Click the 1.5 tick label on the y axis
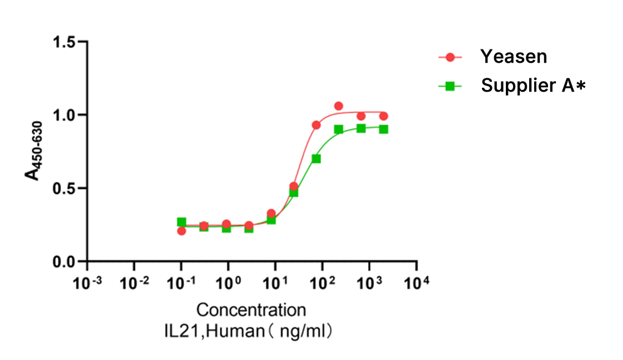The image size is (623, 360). click(64, 42)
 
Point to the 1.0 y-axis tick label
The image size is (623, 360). click(64, 115)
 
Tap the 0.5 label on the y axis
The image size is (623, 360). click(64, 188)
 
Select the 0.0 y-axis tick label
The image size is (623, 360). click(64, 262)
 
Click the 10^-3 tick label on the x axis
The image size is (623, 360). click(89, 283)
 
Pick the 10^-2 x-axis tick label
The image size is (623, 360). click(134, 283)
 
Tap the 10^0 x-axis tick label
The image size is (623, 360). click(228, 283)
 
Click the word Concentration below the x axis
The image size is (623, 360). click(251, 310)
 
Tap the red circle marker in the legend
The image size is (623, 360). click(450, 57)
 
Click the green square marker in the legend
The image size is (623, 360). click(450, 86)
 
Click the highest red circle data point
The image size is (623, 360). click(339, 106)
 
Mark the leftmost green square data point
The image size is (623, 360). click(182, 222)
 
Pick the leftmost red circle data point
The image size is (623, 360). click(182, 231)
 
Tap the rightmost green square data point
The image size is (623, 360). click(383, 129)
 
